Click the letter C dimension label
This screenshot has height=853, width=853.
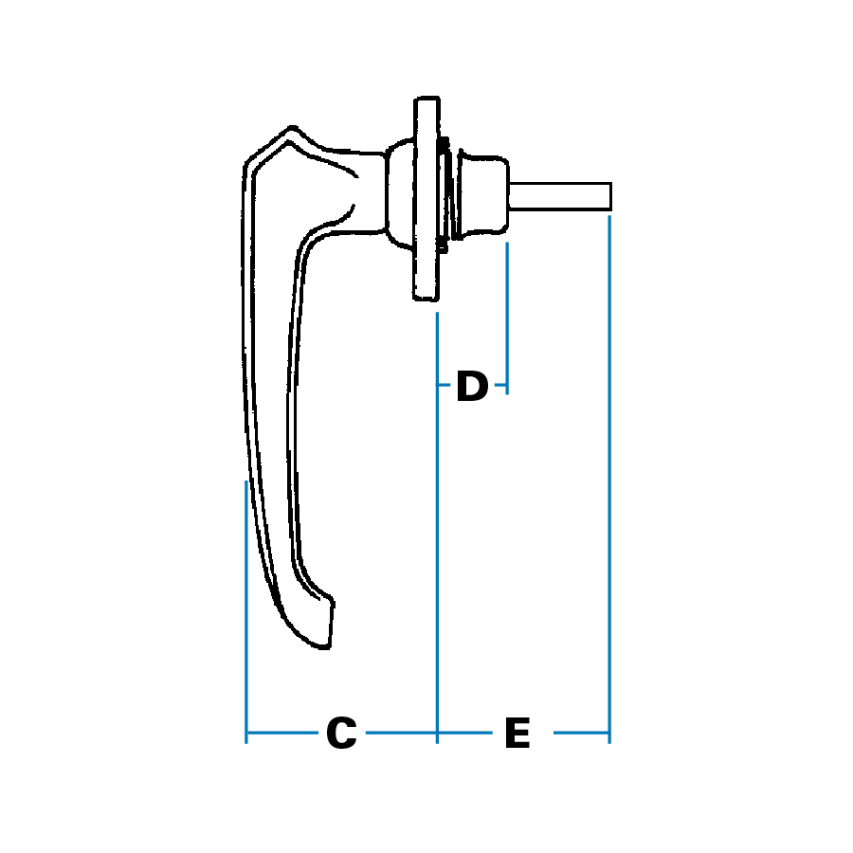[341, 734]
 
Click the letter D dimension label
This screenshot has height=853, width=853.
[472, 387]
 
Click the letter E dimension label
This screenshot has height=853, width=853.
[517, 734]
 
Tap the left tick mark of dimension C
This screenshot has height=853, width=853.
[246, 733]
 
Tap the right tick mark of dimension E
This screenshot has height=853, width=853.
[609, 733]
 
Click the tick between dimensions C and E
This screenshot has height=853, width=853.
[437, 733]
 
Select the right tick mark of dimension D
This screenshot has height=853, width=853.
[507, 387]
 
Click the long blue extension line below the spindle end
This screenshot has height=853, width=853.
[609, 474]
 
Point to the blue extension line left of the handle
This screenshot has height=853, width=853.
[246, 607]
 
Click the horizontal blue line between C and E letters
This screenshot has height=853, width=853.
[403, 733]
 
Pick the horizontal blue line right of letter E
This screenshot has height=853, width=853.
[580, 733]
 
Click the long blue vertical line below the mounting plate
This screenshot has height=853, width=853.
[437, 531]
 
